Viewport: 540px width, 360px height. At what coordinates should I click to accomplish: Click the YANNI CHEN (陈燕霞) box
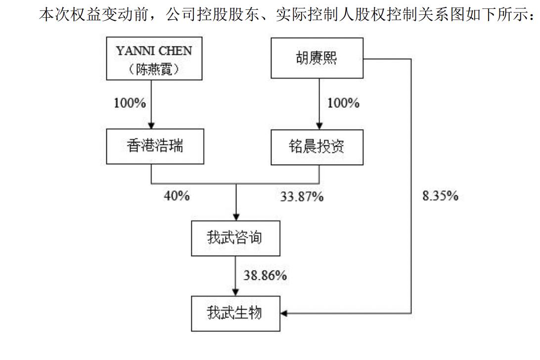tap(154, 58)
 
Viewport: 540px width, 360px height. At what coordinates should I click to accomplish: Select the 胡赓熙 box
tap(317, 58)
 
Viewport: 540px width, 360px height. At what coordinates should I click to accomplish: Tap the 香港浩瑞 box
tap(155, 146)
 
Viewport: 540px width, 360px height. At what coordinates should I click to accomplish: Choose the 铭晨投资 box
tap(317, 147)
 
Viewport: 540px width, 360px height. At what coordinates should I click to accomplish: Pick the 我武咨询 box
tap(235, 238)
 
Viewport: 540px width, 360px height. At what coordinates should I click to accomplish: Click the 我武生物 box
tap(235, 314)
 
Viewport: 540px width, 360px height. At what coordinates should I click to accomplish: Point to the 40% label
tap(177, 196)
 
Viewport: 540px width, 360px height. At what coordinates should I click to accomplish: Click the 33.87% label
tap(302, 196)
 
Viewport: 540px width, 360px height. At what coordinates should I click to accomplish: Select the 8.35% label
tap(440, 196)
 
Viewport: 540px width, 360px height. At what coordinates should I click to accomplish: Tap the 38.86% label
tap(265, 275)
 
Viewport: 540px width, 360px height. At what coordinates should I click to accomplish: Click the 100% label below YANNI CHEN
tap(130, 103)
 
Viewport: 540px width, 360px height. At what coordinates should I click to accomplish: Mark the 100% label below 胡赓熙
tap(343, 103)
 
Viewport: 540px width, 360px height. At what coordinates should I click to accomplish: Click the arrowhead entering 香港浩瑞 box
tap(151, 126)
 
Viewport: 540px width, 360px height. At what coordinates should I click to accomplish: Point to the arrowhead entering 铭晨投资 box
tap(319, 126)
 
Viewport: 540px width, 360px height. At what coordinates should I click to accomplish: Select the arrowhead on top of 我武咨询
tap(236, 217)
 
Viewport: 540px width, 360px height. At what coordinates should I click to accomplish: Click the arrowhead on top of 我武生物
tap(235, 292)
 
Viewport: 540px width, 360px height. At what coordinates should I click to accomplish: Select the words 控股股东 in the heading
tap(228, 14)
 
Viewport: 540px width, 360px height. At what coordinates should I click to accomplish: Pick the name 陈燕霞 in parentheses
tap(154, 69)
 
